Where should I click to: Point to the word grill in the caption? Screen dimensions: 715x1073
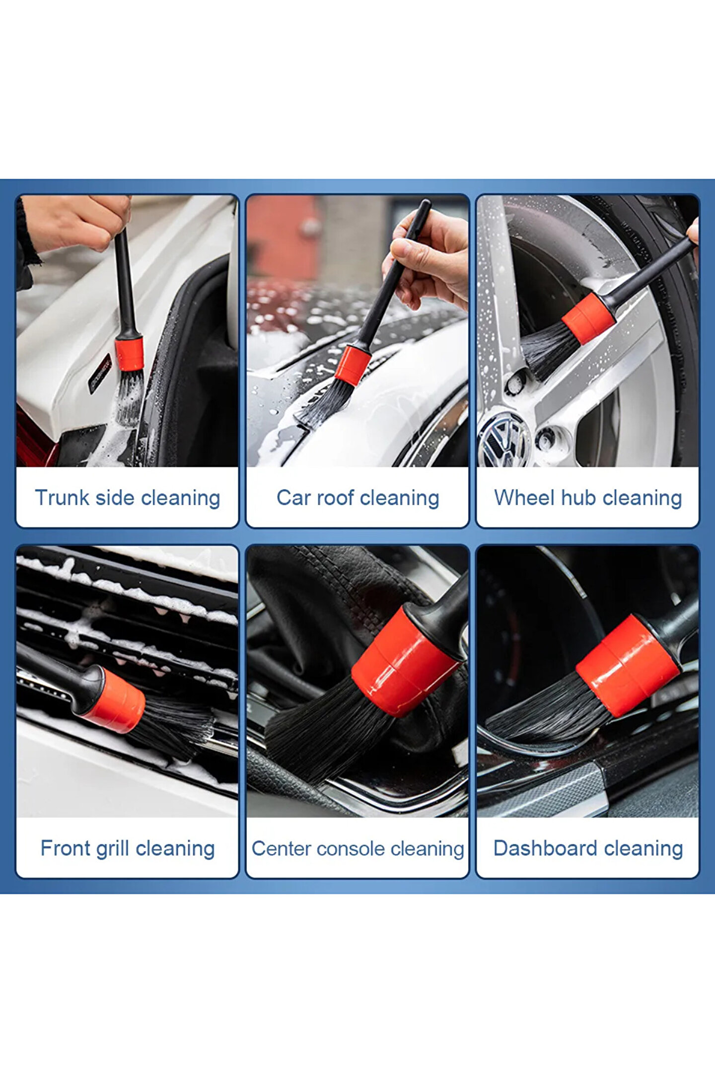113,849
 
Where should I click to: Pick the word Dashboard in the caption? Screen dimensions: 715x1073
545,848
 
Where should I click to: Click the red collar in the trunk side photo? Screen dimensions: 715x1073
129,354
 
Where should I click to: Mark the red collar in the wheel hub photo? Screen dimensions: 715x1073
589,318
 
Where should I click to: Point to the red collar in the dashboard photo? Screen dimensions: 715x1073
628,666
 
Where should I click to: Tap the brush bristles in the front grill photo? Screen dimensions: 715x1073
171,725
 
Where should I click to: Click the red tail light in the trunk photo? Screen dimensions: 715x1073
35,440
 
